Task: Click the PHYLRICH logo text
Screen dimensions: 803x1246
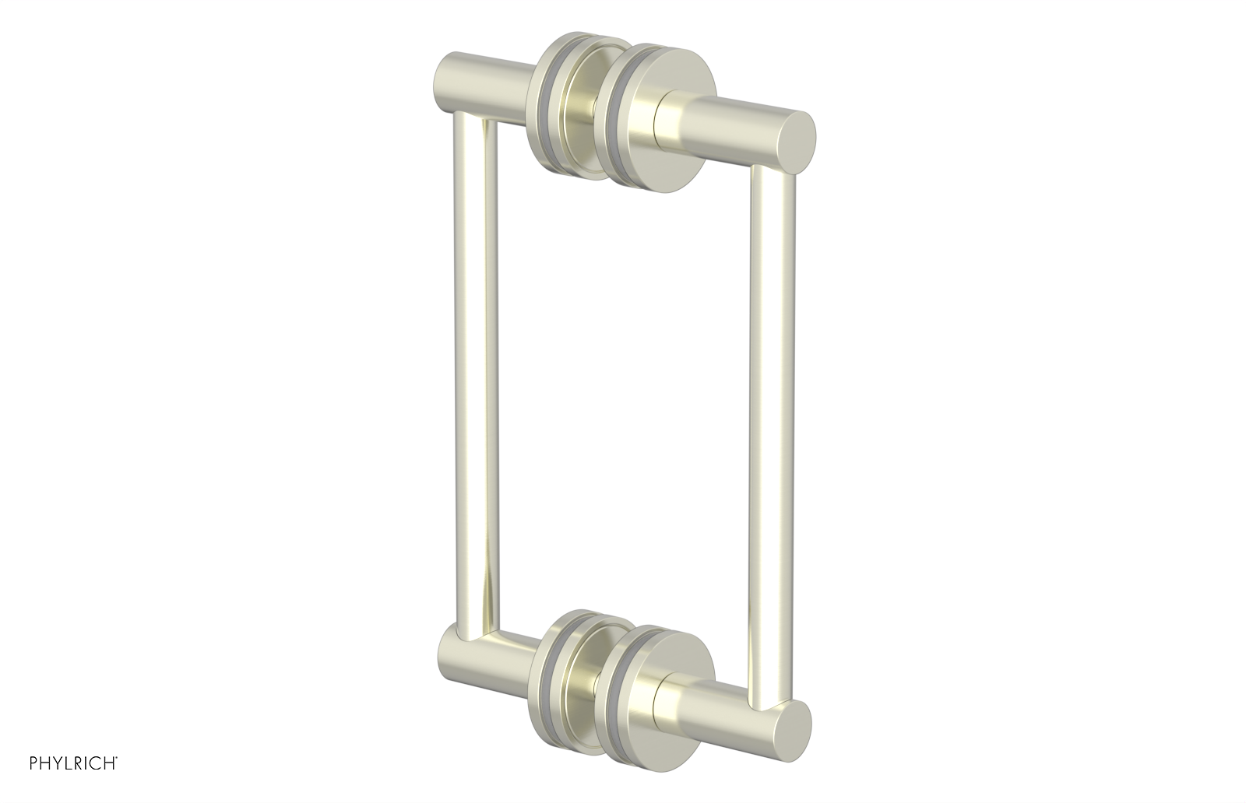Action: (x=59, y=782)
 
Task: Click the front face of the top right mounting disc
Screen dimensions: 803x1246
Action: (x=635, y=136)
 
